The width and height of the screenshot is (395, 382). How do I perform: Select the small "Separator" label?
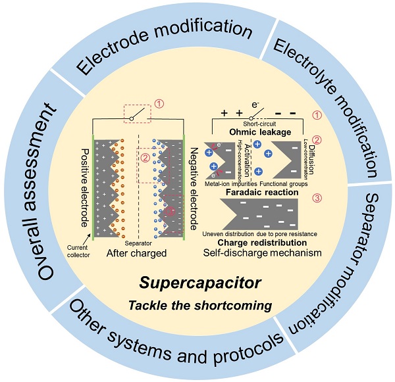(x=139, y=243)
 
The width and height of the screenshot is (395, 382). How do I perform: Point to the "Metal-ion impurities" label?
(x=232, y=183)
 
